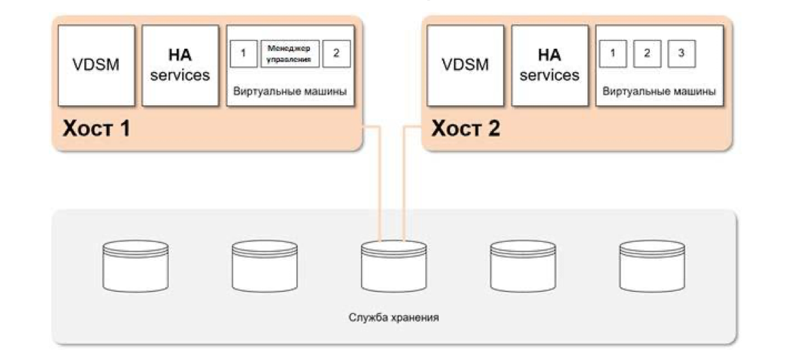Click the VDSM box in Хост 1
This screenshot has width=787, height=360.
click(x=96, y=66)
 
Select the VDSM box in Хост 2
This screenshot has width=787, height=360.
click(x=466, y=66)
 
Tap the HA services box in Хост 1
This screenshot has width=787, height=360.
click(x=180, y=66)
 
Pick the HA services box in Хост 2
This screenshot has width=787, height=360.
click(x=549, y=66)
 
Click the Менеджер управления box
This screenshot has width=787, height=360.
click(x=290, y=54)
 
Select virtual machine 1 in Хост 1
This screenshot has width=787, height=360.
click(x=243, y=54)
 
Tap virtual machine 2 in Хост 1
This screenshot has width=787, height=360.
click(x=336, y=54)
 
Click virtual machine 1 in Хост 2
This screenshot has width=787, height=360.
click(x=613, y=54)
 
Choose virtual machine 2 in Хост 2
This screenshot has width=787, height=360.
click(x=647, y=54)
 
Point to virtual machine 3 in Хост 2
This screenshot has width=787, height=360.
click(x=681, y=54)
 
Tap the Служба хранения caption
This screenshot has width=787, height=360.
click(x=393, y=317)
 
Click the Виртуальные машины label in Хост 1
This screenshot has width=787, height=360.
click(x=290, y=92)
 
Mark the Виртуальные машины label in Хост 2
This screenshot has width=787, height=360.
click(x=659, y=92)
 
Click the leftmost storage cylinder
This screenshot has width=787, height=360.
click(x=135, y=266)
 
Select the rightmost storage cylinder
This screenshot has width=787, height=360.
click(x=652, y=266)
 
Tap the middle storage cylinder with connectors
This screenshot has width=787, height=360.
click(x=393, y=266)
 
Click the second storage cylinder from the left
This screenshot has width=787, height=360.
click(x=264, y=266)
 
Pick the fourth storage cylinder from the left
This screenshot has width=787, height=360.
click(x=523, y=266)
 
